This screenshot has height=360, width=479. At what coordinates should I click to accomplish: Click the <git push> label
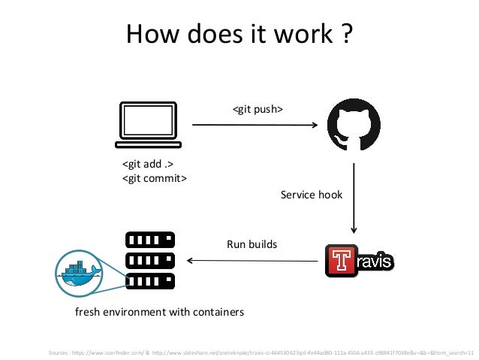point(258,110)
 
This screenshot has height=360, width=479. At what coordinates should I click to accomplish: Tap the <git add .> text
point(143,165)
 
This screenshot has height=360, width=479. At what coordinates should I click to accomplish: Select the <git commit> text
point(155,178)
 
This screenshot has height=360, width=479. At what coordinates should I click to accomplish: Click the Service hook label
point(311,195)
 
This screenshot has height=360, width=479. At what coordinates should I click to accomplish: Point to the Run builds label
point(252,244)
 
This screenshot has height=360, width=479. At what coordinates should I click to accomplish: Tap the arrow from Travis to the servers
point(252,261)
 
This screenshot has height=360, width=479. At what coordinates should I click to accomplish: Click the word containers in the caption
point(216,311)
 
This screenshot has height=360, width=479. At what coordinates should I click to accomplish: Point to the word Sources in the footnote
point(57,350)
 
